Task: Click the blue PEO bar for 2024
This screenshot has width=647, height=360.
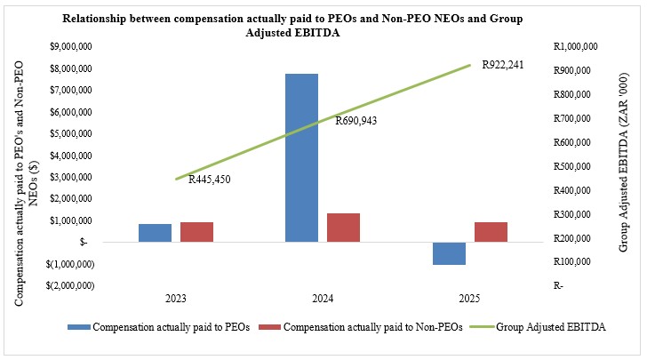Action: [x=301, y=157]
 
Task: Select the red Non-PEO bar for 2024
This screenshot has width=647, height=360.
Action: [x=343, y=228]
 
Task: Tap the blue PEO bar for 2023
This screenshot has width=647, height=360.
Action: [x=155, y=233]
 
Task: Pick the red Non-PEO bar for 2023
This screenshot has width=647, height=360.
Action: [x=196, y=232]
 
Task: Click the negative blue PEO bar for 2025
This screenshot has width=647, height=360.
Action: [x=450, y=253]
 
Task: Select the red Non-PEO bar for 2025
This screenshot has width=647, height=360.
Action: [x=491, y=232]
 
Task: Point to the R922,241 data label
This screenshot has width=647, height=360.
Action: [x=502, y=64]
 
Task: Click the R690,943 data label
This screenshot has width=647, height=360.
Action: [x=355, y=121]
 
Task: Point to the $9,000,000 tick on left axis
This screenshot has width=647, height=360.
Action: [x=75, y=46]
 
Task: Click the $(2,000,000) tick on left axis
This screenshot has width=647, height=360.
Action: [x=73, y=285]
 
